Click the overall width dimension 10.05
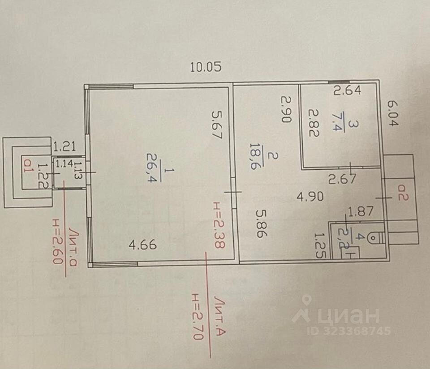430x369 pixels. (206, 68)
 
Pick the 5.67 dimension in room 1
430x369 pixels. (217, 126)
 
